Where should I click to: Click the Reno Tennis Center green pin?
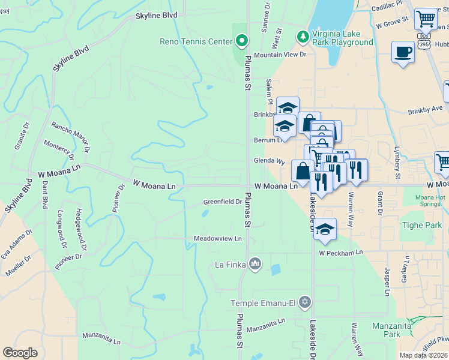242,41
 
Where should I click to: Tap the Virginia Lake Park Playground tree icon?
304,37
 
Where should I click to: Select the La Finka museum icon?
255,264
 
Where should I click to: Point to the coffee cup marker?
403,52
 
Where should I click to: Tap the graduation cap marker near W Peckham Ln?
325,230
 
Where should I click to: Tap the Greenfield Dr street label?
222,202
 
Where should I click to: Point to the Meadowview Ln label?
217,238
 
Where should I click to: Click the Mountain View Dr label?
280,55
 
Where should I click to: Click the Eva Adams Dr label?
13,243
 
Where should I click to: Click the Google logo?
20,353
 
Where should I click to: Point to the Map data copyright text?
424,355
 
